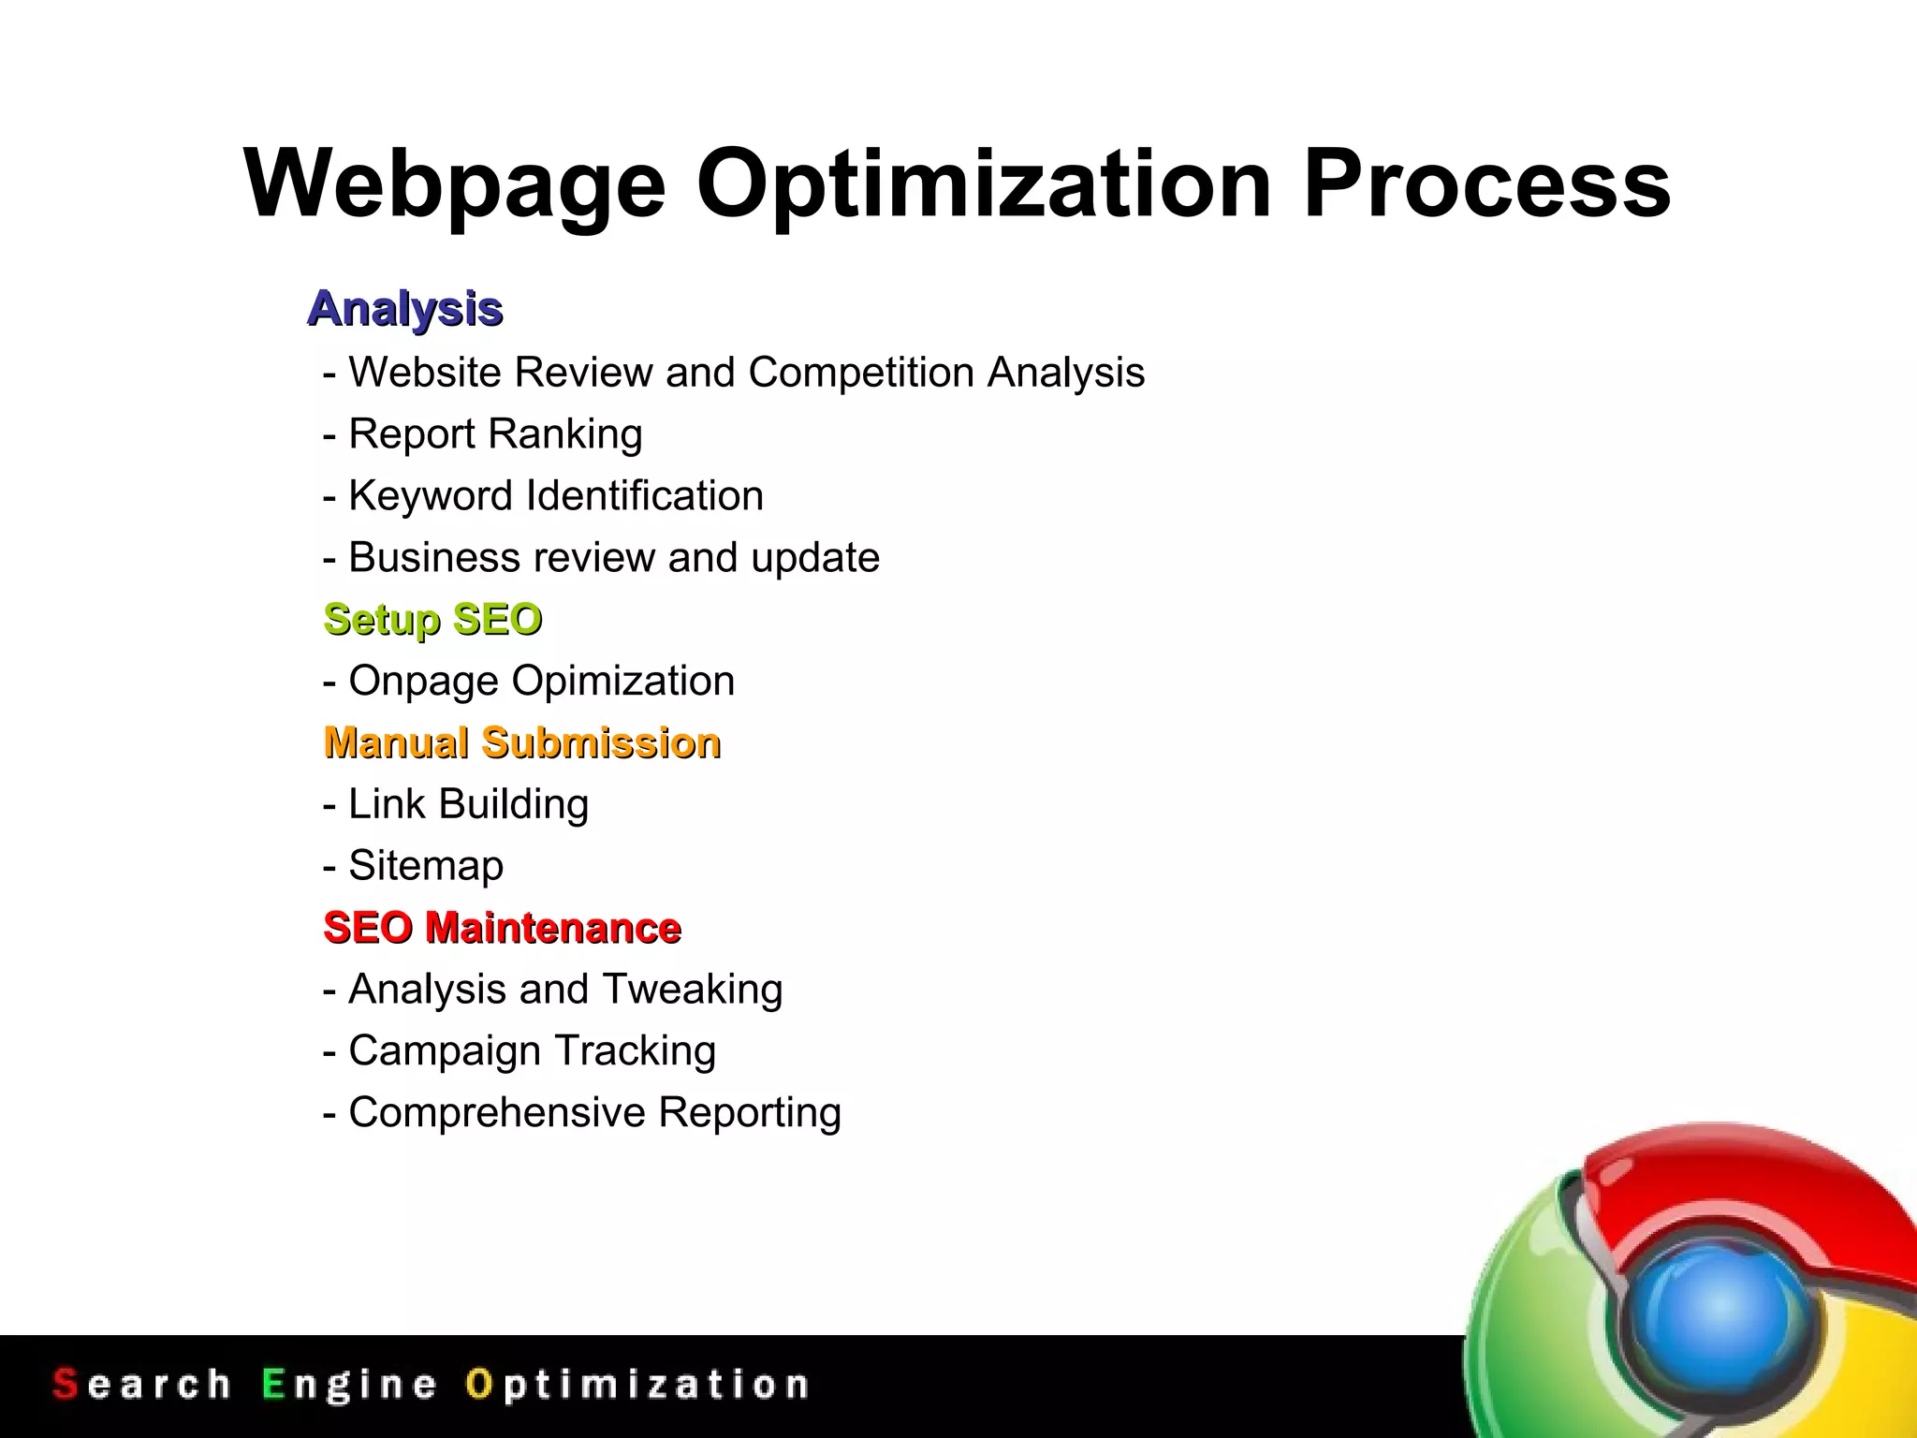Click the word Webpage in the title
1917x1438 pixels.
point(455,184)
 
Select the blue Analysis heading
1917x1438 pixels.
point(405,309)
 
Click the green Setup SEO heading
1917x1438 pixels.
point(432,620)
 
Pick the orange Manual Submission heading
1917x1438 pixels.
point(522,743)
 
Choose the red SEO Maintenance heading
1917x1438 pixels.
point(502,928)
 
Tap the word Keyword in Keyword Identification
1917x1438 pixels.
point(430,496)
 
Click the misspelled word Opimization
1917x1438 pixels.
point(622,681)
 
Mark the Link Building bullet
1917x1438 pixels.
point(468,804)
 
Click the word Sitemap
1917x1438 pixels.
point(426,866)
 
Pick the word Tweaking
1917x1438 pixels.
point(693,990)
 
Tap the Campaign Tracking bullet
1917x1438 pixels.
point(532,1051)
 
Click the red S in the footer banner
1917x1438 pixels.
point(65,1384)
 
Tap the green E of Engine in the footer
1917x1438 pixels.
point(273,1384)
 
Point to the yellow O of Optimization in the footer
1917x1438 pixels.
point(478,1384)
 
